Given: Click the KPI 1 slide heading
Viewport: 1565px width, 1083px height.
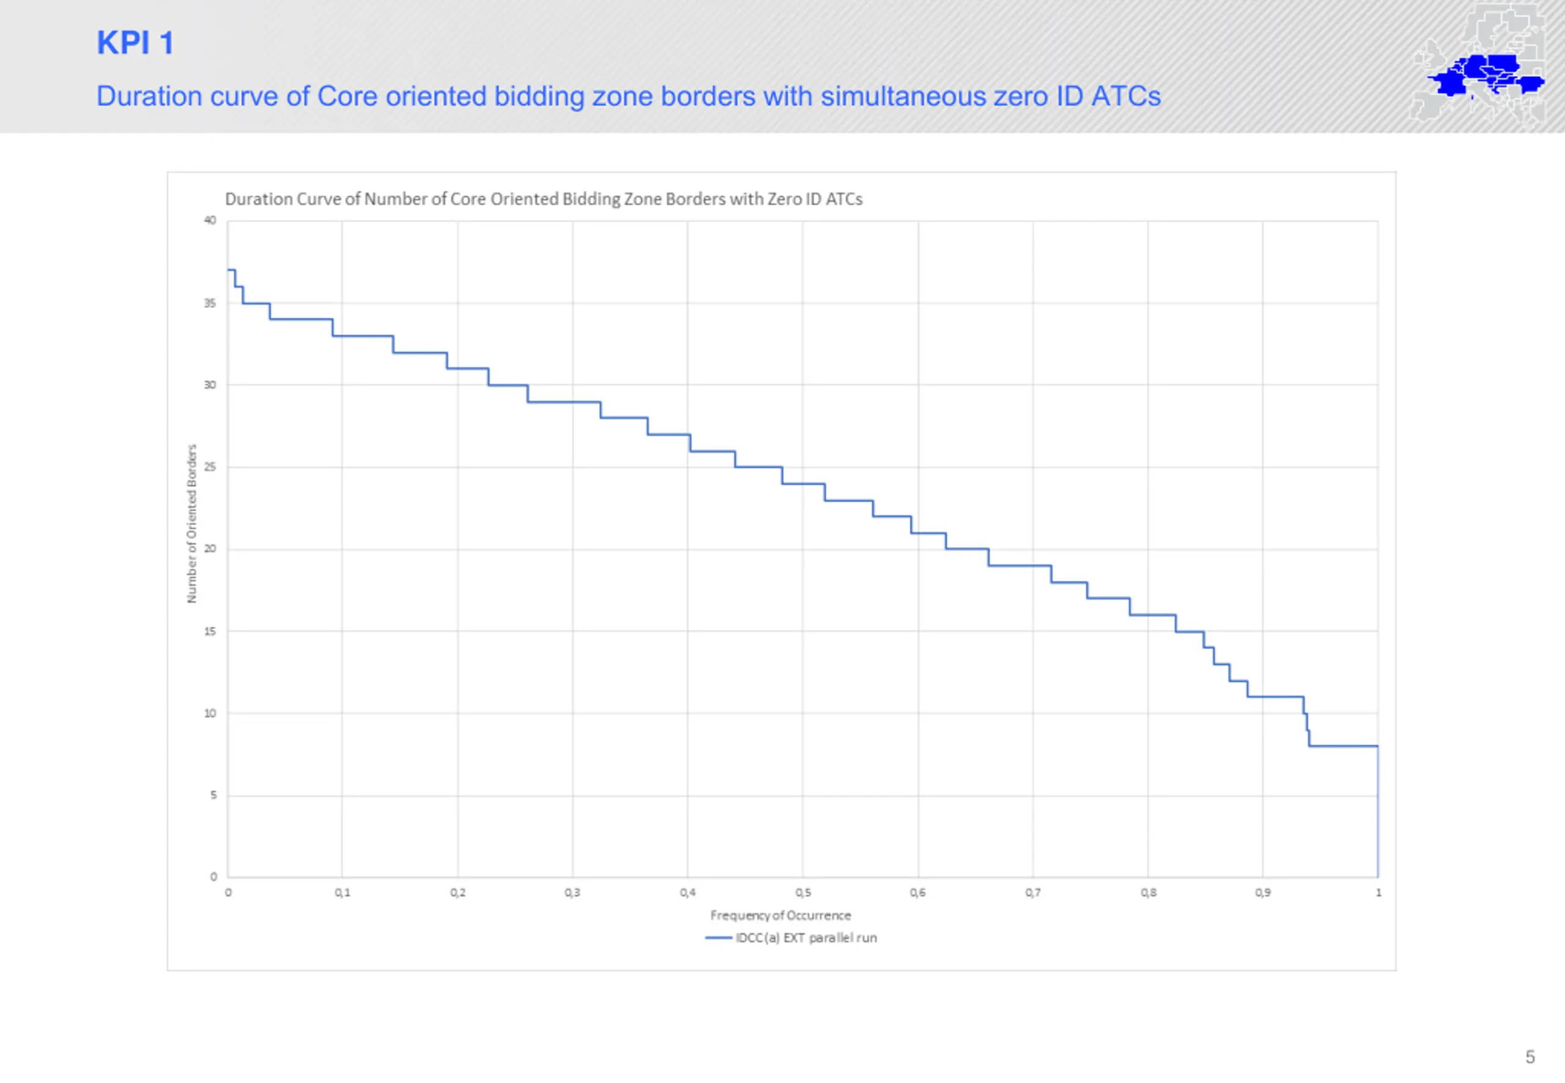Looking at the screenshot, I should click(135, 43).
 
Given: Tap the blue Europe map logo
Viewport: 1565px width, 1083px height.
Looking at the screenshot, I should click(1486, 75).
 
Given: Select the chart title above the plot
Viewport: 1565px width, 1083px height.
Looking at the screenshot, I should click(543, 199).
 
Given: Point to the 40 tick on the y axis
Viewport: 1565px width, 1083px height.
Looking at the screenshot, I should click(210, 221).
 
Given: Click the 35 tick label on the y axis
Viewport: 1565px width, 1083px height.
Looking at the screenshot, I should click(210, 303).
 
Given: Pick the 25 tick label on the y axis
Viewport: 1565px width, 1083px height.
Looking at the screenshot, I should click(210, 467).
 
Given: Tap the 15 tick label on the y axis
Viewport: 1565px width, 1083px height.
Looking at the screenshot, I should click(210, 631).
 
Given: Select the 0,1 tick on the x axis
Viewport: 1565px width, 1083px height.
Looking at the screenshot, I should click(343, 893).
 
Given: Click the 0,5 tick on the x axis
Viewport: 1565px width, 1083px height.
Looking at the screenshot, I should click(803, 893).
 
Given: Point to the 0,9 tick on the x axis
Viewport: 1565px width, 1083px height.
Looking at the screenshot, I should click(1263, 893).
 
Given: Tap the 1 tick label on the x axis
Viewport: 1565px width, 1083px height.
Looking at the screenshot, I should click(1379, 893).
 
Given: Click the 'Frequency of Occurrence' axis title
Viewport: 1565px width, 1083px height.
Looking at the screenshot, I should click(781, 916).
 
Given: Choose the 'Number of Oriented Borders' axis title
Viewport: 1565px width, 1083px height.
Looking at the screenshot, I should click(191, 523).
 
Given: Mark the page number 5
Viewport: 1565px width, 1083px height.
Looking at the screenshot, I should click(1530, 1057).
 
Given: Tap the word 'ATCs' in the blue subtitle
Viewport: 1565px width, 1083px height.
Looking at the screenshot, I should click(1125, 97).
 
